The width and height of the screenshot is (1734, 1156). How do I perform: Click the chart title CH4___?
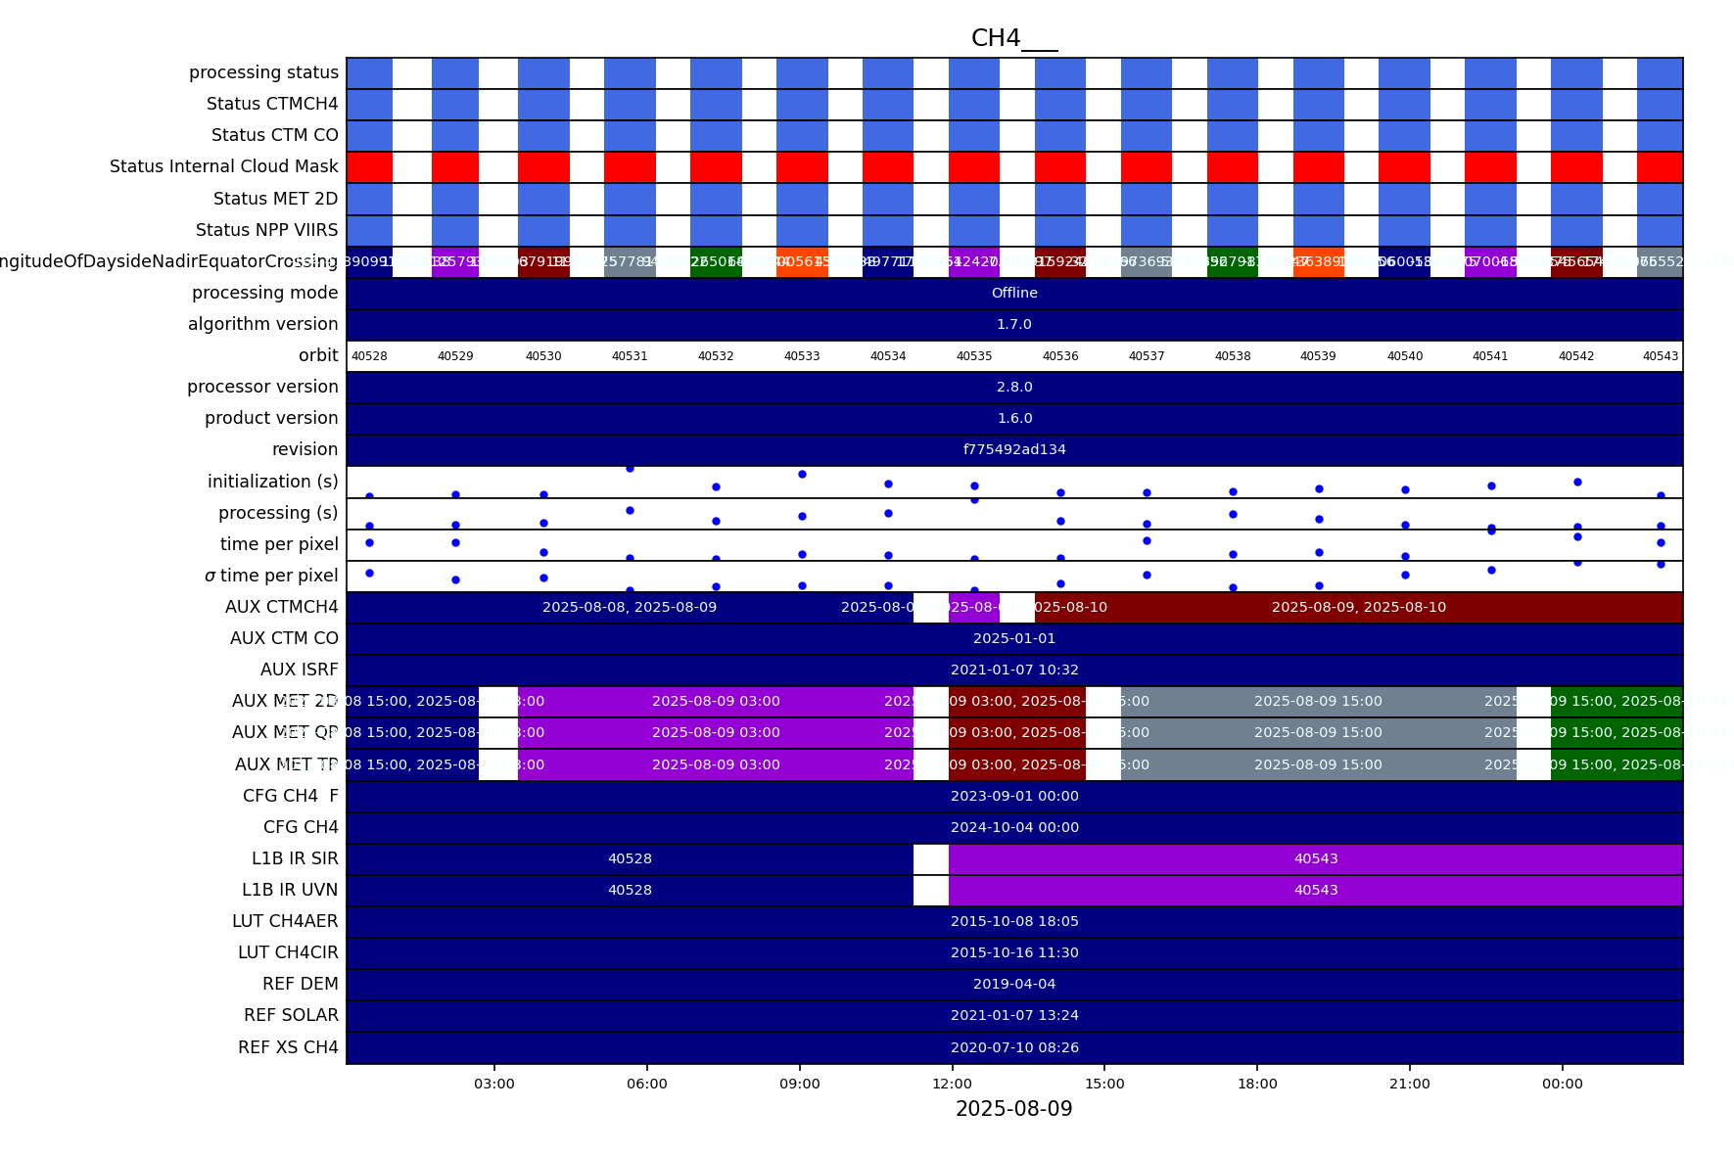[1013, 38]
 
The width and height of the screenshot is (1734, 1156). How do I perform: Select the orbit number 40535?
[974, 356]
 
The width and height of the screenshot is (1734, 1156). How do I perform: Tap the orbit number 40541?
[1490, 356]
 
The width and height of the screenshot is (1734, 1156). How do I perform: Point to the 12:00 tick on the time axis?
[952, 1084]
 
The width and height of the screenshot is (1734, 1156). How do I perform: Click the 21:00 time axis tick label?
[1409, 1084]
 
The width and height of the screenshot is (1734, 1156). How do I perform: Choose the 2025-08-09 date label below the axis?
[1013, 1109]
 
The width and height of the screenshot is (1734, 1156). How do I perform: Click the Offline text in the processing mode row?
[1014, 294]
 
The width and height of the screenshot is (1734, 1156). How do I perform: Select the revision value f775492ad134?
[1014, 450]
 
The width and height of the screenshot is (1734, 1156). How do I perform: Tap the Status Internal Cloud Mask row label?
[224, 167]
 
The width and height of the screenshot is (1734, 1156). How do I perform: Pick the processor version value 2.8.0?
[1014, 388]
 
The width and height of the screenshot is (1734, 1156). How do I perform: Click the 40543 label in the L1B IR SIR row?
[1316, 859]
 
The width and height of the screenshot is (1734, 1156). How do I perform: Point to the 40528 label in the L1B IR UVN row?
[630, 891]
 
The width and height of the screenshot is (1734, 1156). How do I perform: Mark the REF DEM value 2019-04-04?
[1014, 985]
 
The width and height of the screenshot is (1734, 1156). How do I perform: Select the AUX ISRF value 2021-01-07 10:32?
[1014, 670]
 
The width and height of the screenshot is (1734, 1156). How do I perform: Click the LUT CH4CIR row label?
[288, 953]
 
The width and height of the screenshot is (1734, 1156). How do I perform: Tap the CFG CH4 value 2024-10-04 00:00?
[1014, 828]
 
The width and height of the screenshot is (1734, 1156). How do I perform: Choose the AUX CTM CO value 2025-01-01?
[1014, 639]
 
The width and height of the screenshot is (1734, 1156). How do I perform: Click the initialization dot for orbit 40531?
[630, 469]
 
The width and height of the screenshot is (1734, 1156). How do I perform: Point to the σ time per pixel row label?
[271, 577]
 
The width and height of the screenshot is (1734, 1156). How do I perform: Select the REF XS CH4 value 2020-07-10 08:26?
[1014, 1048]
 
